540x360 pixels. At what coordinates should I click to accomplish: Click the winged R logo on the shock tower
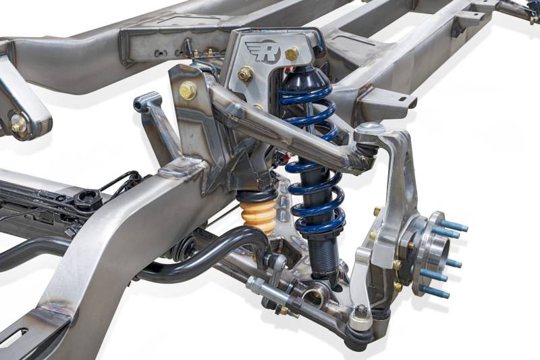click(263, 51)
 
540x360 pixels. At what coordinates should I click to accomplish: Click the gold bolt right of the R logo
click(292, 53)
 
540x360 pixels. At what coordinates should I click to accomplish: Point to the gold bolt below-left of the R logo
click(245, 74)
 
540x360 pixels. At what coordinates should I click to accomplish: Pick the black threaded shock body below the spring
click(323, 255)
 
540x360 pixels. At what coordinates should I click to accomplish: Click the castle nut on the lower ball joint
click(360, 312)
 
